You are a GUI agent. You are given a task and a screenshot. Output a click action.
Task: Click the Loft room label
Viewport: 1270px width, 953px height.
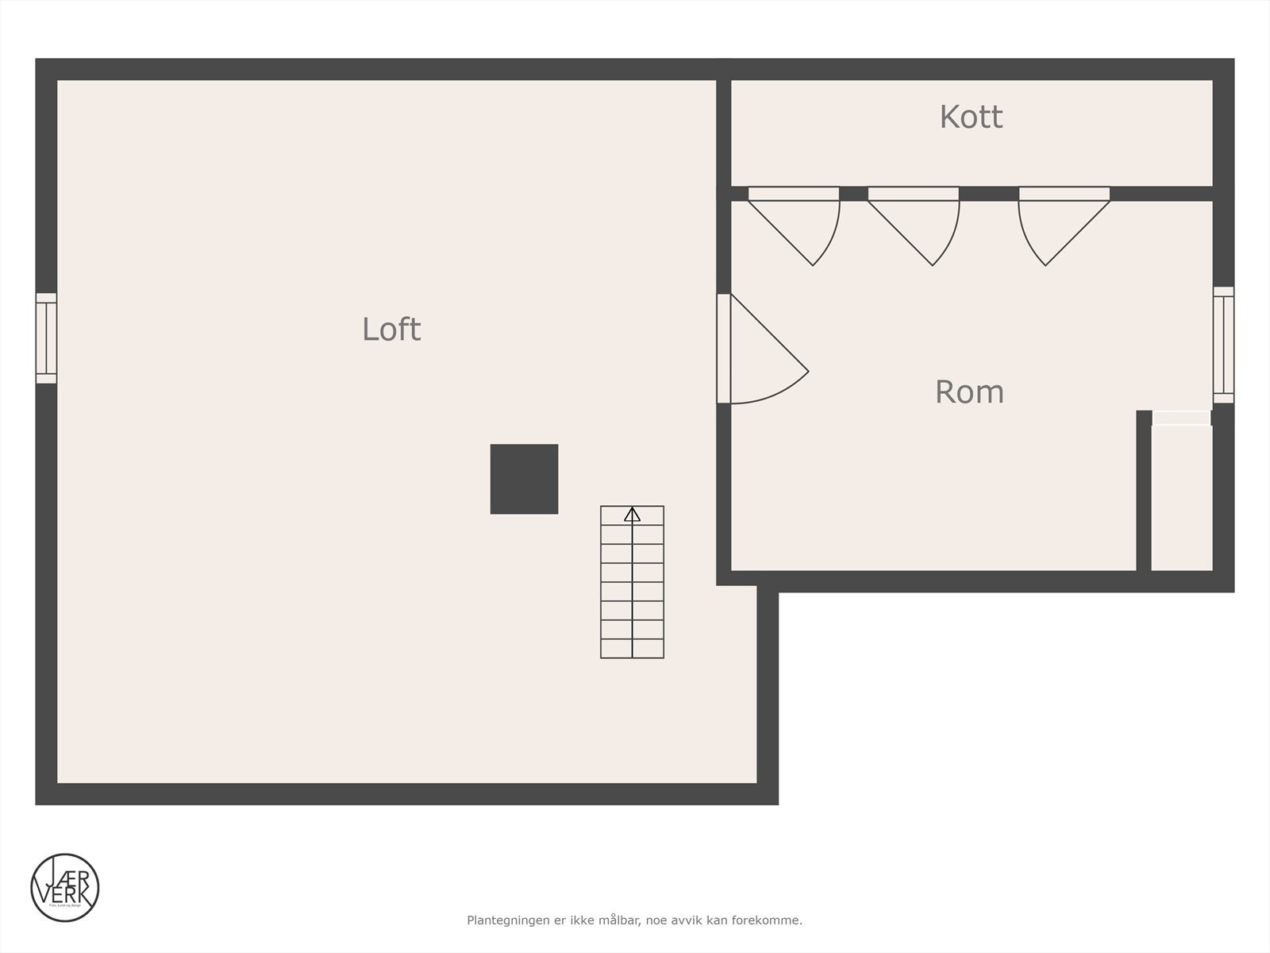[x=391, y=329]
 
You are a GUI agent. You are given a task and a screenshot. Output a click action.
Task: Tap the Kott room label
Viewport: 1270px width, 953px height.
[x=971, y=117]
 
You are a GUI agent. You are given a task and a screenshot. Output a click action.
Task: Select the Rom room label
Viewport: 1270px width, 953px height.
[x=969, y=392]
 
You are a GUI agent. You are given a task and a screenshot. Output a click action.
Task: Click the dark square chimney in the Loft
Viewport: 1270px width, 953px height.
[x=524, y=479]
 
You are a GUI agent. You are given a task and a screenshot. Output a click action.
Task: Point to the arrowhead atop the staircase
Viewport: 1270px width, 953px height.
[x=632, y=515]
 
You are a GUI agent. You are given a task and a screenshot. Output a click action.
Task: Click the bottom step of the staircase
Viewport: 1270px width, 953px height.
[x=632, y=649]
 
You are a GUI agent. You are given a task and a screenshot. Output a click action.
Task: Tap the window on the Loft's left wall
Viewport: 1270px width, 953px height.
[x=46, y=338]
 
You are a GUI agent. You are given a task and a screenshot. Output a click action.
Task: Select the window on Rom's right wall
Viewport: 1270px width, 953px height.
[x=1223, y=345]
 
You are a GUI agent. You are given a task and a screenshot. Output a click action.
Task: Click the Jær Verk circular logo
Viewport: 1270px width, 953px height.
[x=65, y=887]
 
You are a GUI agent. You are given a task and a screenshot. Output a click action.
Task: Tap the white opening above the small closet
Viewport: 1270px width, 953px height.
[x=1181, y=418]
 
